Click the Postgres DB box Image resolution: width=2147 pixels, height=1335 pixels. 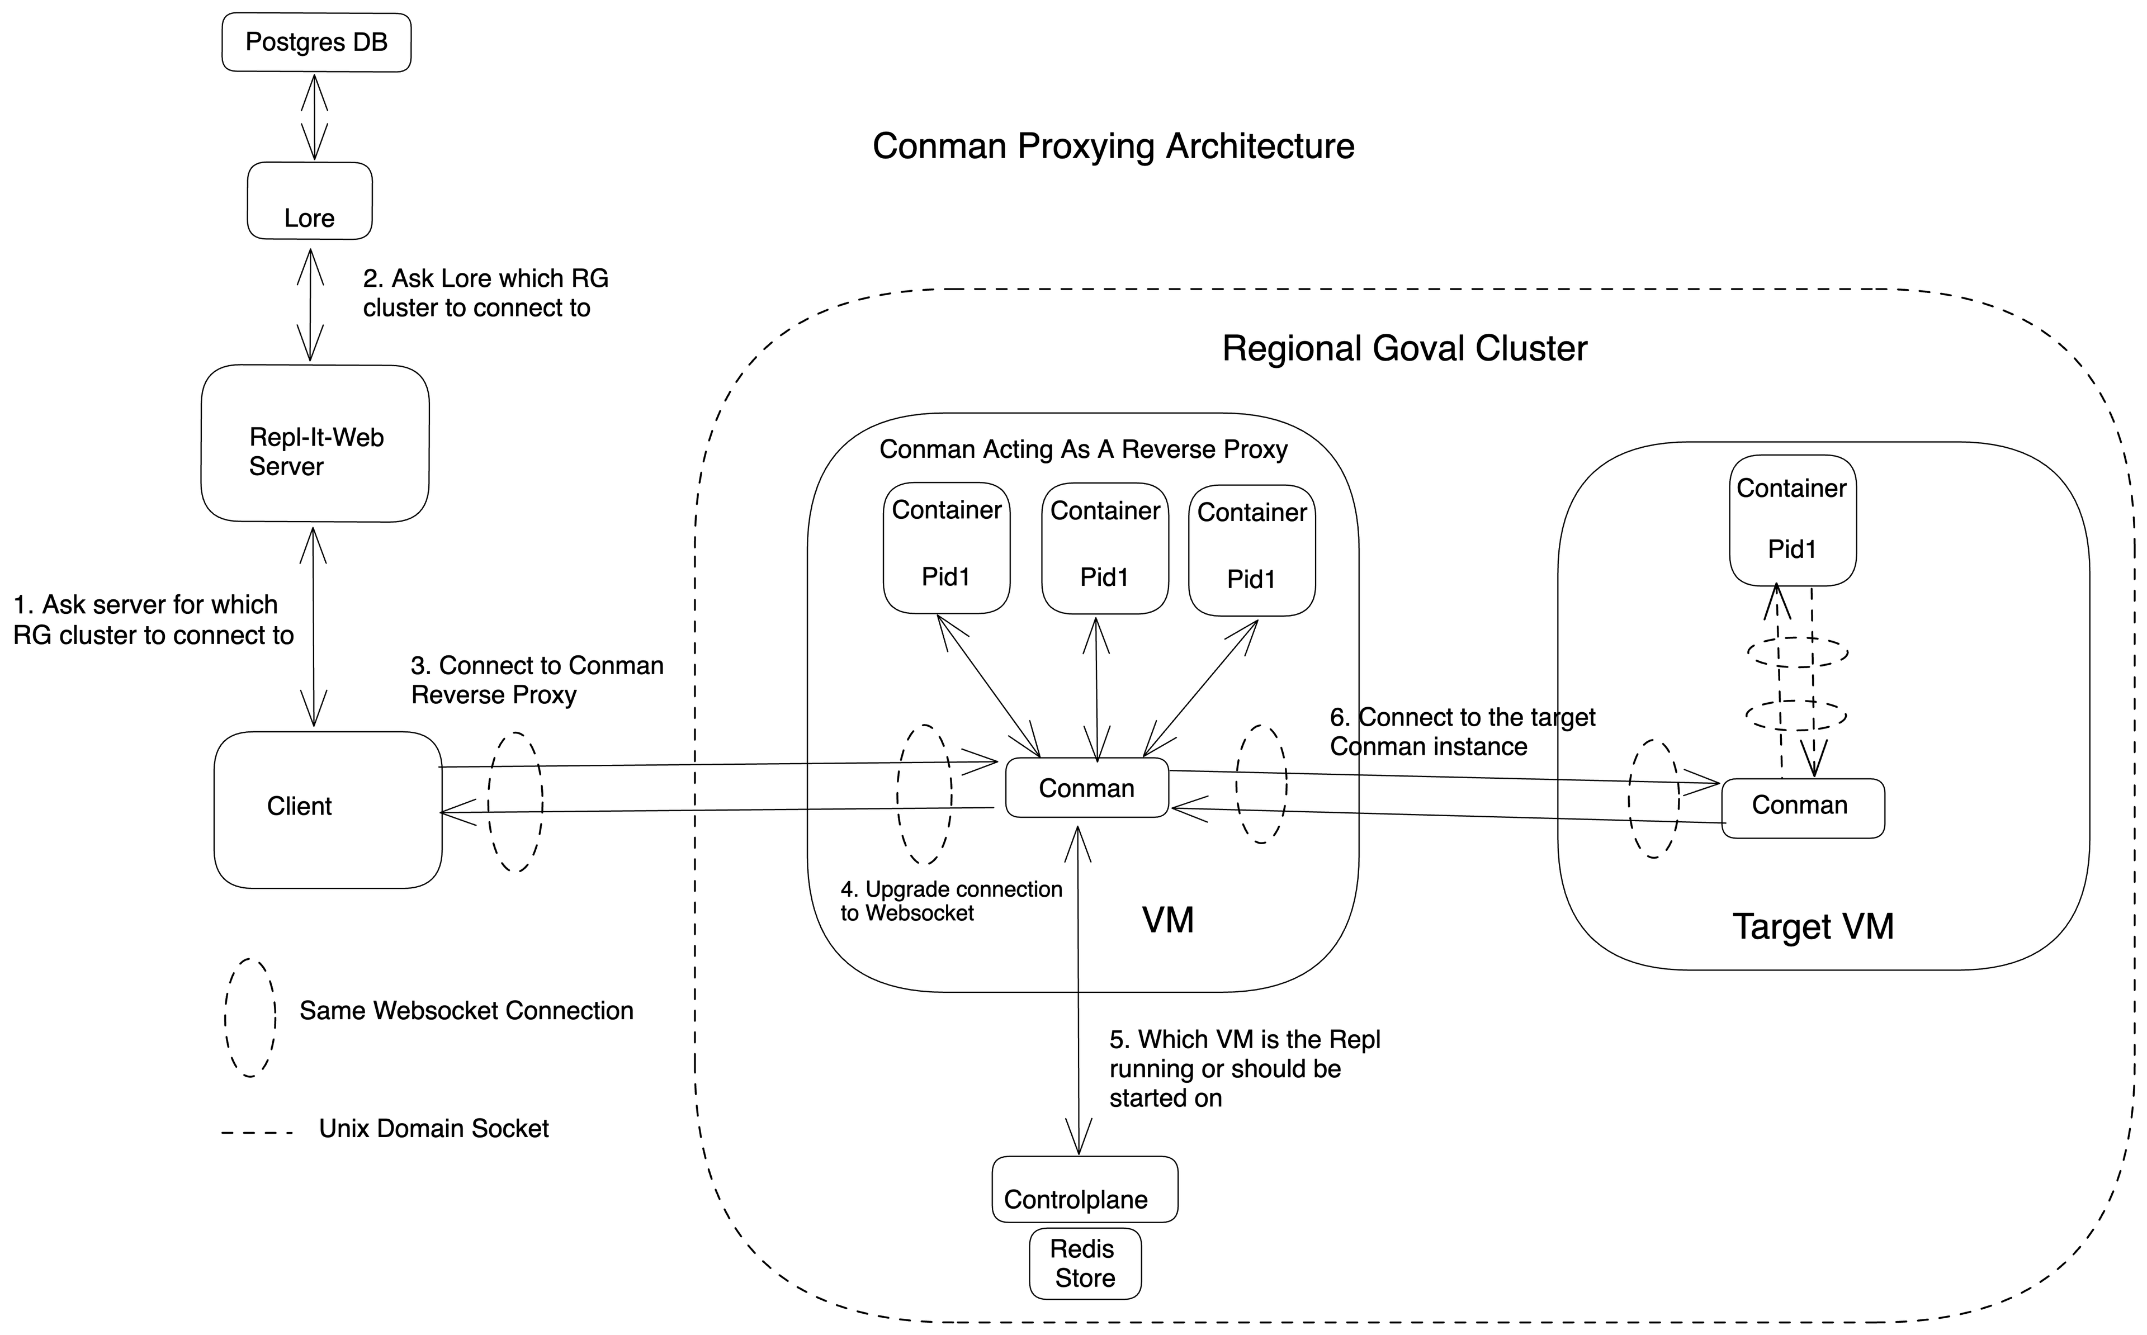pyautogui.click(x=316, y=42)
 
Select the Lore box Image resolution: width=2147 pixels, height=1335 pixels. pyautogui.click(x=309, y=201)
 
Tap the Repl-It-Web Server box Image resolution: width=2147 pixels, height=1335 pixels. pyautogui.click(x=315, y=443)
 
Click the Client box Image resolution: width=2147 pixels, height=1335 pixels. pyautogui.click(x=328, y=809)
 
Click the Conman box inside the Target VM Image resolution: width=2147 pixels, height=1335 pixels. pyautogui.click(x=1803, y=808)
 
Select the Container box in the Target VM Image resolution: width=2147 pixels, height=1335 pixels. pyautogui.click(x=1792, y=520)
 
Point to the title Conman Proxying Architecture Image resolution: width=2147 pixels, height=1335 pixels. pyautogui.click(x=1113, y=146)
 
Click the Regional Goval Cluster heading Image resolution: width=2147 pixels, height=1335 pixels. pyautogui.click(x=1404, y=349)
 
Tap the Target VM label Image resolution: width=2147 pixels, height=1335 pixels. pyautogui.click(x=1813, y=927)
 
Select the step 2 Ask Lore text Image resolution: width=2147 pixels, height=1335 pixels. pyautogui.click(x=485, y=293)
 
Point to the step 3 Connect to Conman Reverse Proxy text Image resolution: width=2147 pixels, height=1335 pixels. pyautogui.click(x=537, y=680)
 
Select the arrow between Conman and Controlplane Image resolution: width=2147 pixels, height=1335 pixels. pyautogui.click(x=1078, y=989)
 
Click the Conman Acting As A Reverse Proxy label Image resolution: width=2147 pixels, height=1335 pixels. pyautogui.click(x=1083, y=449)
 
